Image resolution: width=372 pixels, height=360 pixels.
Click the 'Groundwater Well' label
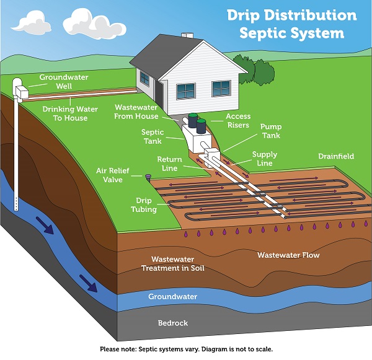(x=64, y=82)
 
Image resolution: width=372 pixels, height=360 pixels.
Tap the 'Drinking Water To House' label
(x=64, y=113)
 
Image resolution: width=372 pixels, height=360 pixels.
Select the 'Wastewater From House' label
(x=136, y=112)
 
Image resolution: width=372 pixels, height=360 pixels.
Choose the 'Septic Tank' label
(x=153, y=136)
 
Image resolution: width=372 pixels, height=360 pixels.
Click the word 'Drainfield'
(x=336, y=157)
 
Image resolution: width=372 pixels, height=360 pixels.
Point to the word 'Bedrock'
(x=172, y=323)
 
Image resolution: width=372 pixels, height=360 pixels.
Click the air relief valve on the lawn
(x=148, y=178)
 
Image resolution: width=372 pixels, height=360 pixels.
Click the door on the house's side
(x=159, y=94)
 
